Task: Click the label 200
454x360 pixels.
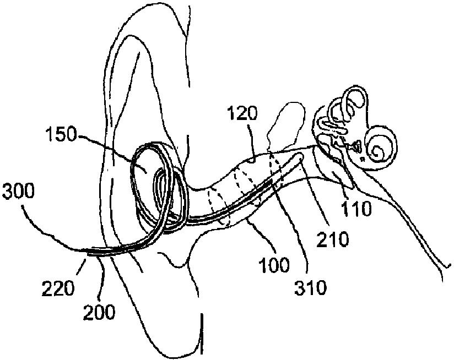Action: coord(100,312)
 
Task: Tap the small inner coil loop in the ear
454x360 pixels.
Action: coord(162,187)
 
